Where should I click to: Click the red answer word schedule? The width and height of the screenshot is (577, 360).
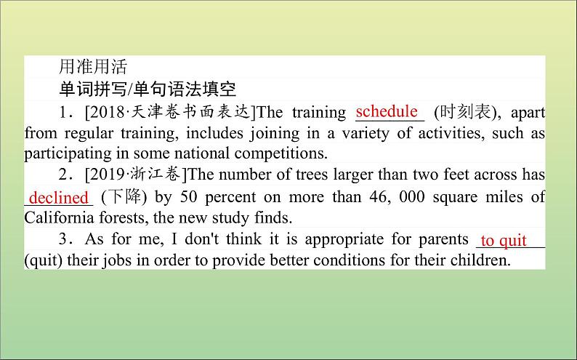387,111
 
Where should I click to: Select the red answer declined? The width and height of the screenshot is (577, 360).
59,198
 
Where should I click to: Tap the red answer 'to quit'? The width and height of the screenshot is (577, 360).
504,241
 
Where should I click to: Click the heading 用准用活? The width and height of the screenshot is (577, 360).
93,67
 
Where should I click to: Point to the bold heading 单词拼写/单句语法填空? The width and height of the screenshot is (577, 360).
148,89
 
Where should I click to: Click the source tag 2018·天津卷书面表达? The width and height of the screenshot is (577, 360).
170,112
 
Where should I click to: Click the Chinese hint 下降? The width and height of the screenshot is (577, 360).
124,196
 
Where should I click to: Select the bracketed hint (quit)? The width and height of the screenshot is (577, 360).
44,260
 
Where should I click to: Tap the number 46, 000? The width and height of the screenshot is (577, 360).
397,196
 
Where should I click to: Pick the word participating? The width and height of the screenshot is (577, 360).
68,153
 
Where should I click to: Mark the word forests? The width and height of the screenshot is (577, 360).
124,217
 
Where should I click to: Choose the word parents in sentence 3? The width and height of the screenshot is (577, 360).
443,239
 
